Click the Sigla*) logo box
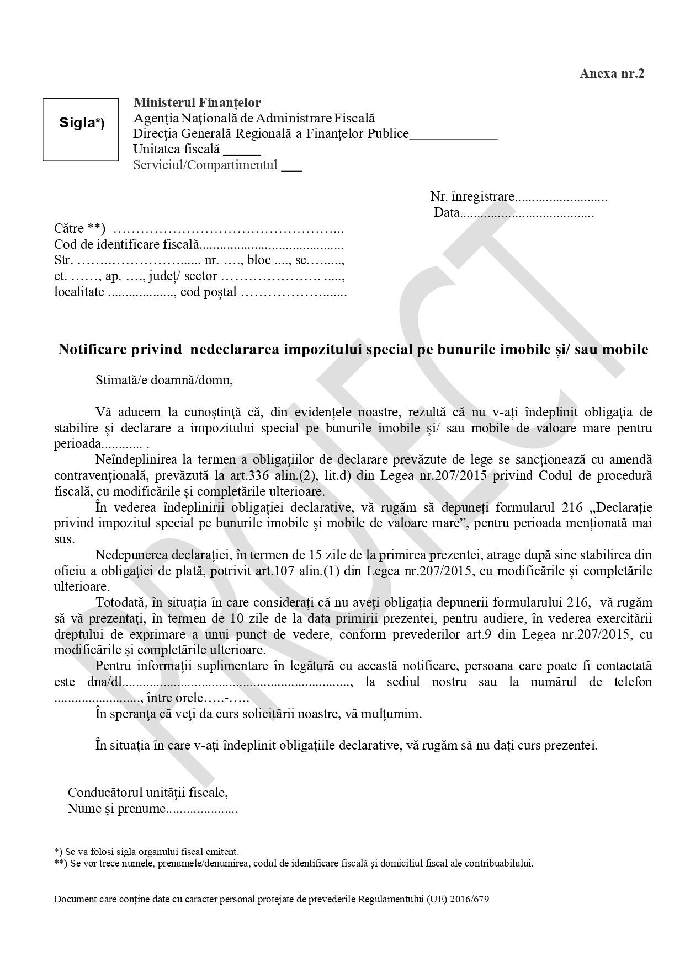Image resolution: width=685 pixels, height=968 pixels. pos(81,129)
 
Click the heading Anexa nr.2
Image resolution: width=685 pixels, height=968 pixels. pos(612,74)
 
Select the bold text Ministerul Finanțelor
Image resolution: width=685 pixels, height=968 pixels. pos(197,103)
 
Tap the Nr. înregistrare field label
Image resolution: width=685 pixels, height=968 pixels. pos(472,197)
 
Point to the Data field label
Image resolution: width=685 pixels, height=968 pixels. pos(446,213)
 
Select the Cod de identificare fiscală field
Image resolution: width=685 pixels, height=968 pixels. pos(199,244)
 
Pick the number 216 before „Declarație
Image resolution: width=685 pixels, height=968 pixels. pos(571,507)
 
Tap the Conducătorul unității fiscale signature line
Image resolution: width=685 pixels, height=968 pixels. pos(147,793)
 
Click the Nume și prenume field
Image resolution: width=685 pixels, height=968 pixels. pos(152,809)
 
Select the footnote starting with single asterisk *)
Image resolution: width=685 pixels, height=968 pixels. pos(146,852)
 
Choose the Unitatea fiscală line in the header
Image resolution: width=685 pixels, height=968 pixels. pos(197,149)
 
